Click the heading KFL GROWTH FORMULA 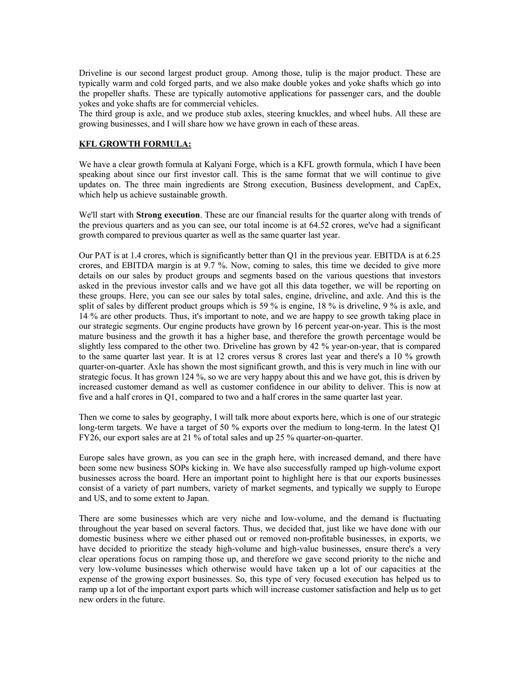(135, 144)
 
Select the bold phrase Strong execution (168, 215)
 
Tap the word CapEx (425, 185)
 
